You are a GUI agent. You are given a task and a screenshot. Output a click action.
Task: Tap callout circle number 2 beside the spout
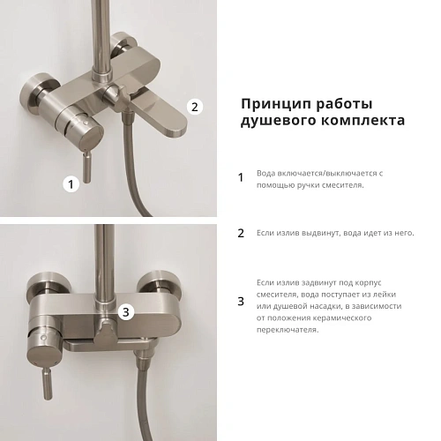tap(196, 106)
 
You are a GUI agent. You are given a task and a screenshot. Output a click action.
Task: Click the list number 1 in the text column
tap(241, 177)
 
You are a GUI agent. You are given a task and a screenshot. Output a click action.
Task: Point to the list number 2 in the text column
tap(241, 234)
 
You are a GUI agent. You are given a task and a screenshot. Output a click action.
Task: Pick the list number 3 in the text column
tap(241, 302)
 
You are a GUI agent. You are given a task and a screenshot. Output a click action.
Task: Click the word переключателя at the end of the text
tap(288, 330)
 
